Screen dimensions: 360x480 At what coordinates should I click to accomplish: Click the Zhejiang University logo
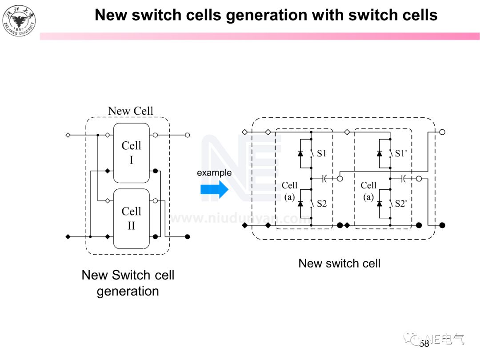(19, 20)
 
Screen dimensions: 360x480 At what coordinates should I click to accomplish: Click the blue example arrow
(214, 190)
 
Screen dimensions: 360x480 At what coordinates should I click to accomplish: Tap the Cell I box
(131, 153)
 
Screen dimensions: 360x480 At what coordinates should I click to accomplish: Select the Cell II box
(131, 219)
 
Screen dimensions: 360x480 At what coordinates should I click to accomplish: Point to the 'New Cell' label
(130, 111)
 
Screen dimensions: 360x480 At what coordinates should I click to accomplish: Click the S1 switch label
(321, 153)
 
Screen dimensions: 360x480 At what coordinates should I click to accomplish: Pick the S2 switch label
(321, 204)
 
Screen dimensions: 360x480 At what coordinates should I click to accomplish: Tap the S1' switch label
(401, 153)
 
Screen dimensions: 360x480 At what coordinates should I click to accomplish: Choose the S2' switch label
(401, 204)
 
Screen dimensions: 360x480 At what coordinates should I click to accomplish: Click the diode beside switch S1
(300, 153)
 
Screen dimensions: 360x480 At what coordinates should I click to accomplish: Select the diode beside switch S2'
(380, 204)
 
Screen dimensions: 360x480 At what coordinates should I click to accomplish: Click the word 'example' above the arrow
(214, 173)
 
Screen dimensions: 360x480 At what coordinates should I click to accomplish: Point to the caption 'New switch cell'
(339, 263)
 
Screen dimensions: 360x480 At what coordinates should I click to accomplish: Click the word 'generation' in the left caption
(128, 291)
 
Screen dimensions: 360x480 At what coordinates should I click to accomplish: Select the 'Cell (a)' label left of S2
(289, 191)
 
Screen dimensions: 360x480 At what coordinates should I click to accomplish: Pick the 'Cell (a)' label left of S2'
(368, 191)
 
